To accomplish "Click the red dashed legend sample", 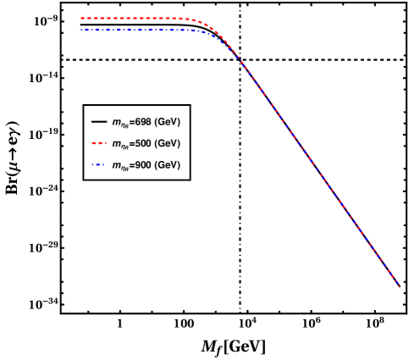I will click(98, 144).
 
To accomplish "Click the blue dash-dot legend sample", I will click(98, 165).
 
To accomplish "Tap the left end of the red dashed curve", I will click(82, 18).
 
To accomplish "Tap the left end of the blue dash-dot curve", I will click(82, 30).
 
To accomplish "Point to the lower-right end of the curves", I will click(399, 285).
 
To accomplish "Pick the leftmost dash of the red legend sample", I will click(93, 144).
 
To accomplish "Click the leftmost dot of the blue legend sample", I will click(92, 165).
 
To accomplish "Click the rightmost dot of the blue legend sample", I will click(104, 165).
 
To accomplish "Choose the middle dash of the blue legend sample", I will click(98, 165).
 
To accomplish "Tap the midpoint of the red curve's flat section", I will click(134, 18).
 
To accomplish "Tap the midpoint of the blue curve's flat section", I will click(138, 30).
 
